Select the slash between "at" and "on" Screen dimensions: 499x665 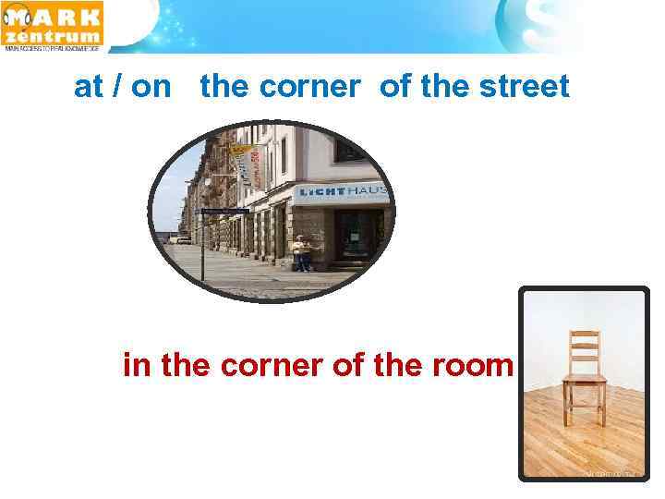tap(114, 87)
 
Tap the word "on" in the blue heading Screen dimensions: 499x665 tap(151, 87)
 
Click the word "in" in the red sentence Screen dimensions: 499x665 tap(137, 366)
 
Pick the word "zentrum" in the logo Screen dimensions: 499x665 tap(54, 37)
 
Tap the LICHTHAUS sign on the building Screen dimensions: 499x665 tap(342, 193)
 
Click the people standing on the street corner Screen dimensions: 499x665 tap(300, 252)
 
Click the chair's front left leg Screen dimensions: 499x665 tap(566, 407)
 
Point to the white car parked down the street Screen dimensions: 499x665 tap(183, 238)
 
